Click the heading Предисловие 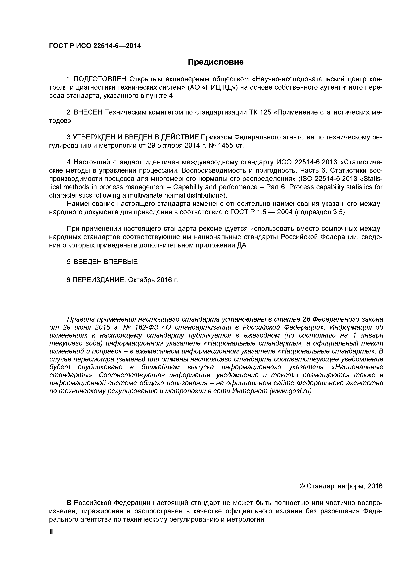pos(216,62)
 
